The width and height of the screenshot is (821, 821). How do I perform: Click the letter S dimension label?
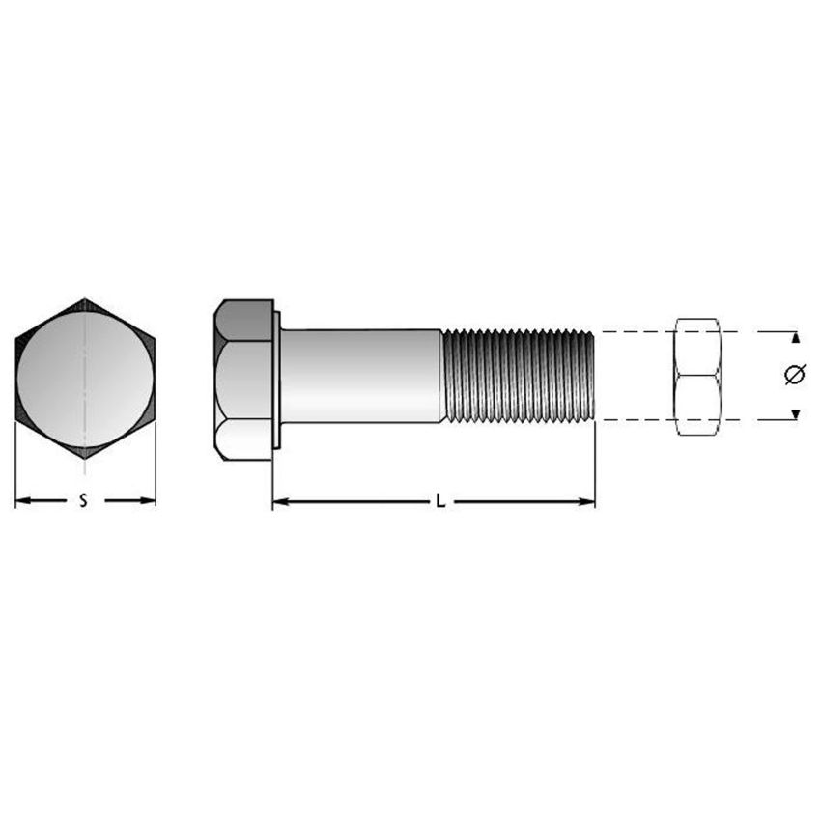pyautogui.click(x=83, y=501)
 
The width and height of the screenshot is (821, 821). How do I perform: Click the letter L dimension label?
pyautogui.click(x=440, y=501)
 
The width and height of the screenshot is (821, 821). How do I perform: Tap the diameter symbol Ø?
pyautogui.click(x=795, y=375)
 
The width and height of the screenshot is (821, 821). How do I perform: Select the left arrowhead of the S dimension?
pyautogui.click(x=22, y=501)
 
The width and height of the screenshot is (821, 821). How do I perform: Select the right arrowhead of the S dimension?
pyautogui.click(x=148, y=501)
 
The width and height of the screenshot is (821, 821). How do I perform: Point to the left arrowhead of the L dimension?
pyautogui.click(x=281, y=502)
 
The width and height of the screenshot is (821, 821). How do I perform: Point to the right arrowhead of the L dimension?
pyautogui.click(x=587, y=502)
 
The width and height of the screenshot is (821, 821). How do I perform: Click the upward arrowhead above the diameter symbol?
pyautogui.click(x=796, y=338)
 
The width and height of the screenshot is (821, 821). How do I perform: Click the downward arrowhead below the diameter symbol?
pyautogui.click(x=796, y=414)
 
